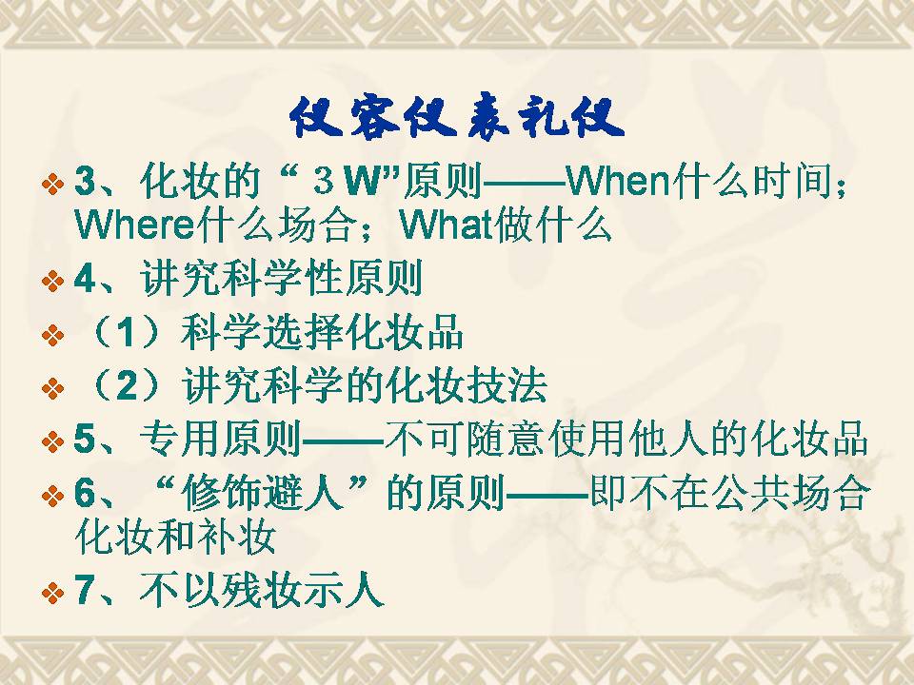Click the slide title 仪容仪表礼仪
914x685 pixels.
pos(457,118)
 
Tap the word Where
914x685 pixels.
pos(134,225)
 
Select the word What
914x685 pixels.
pos(447,225)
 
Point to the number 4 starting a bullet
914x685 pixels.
pos(85,279)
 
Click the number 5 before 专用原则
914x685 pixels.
pos(85,439)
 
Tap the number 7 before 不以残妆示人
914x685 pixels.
pos(85,590)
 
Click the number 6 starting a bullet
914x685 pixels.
pos(85,493)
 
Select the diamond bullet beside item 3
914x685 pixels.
pos(52,185)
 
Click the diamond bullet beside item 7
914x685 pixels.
pos(52,594)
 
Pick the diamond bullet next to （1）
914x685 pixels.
pos(52,336)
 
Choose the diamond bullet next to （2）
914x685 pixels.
pos(52,388)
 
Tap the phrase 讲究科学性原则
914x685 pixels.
pos(281,279)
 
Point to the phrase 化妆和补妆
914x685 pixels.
pos(175,536)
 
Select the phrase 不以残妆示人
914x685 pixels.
pos(262,590)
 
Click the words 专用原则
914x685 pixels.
pos(220,439)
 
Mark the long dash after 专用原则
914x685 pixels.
pos(343,440)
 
